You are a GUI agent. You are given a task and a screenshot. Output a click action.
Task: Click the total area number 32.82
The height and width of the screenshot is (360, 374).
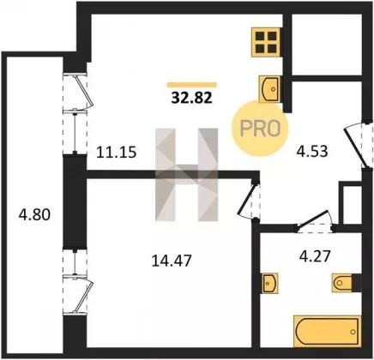(x=191, y=98)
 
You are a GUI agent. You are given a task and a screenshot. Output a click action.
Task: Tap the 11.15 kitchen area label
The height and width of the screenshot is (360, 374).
(x=117, y=152)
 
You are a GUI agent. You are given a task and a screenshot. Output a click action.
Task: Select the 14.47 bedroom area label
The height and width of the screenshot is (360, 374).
(x=172, y=261)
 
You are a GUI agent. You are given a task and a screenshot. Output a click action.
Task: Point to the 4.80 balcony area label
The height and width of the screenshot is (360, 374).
(x=34, y=214)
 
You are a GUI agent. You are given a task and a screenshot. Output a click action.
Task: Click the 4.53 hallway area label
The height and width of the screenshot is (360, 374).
(x=312, y=151)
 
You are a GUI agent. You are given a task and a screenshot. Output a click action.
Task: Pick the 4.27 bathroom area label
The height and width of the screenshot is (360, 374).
(x=315, y=256)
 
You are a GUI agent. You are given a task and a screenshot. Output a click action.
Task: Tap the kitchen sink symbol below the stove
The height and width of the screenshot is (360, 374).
(x=269, y=89)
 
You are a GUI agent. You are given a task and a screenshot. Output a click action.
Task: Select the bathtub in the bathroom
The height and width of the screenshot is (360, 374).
(x=327, y=331)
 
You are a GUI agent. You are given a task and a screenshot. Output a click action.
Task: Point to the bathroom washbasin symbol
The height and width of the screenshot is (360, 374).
(x=269, y=283)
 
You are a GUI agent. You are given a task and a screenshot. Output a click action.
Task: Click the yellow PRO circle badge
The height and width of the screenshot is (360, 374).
(x=260, y=129)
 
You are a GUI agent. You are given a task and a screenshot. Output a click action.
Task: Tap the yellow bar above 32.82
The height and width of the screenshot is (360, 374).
(x=191, y=85)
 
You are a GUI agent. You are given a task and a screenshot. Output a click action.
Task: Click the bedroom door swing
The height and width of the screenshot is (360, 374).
(x=248, y=200)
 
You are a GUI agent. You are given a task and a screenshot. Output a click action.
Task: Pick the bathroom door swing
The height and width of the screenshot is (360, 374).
(x=316, y=221)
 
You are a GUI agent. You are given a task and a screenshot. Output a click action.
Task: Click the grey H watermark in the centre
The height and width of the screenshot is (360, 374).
(x=187, y=175)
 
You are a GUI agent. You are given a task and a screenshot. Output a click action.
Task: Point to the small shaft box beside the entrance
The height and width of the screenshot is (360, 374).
(x=350, y=203)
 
